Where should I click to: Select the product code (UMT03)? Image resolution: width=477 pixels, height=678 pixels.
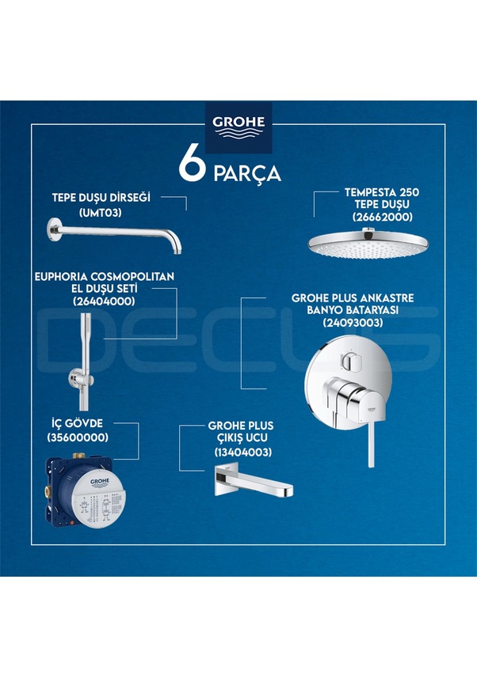tap(103, 212)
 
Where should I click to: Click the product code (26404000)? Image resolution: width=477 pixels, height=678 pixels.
tap(104, 301)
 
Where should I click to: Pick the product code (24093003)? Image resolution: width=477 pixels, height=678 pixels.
tap(353, 323)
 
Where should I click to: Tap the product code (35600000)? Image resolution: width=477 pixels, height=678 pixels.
tap(78, 437)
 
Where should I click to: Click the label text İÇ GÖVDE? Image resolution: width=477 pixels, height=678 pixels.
tap(78, 423)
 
